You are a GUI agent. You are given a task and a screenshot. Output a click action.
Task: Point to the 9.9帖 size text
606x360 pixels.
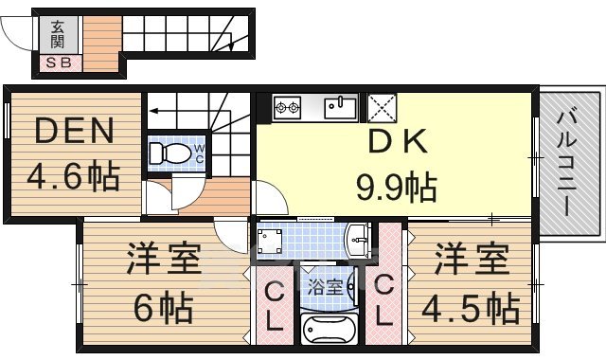click(x=396, y=186)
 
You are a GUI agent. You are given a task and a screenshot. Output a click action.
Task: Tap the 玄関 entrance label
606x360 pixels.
click(x=59, y=34)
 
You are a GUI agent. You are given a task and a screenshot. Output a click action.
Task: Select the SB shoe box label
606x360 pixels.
click(x=59, y=63)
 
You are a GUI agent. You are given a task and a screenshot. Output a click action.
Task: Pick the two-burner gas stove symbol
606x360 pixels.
click(x=287, y=107)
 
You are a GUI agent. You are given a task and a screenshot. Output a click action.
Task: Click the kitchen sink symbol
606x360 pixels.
click(x=340, y=106)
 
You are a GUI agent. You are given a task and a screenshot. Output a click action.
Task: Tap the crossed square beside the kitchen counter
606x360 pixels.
click(x=381, y=106)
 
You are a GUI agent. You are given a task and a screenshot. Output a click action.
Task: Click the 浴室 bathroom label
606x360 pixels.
click(x=328, y=286)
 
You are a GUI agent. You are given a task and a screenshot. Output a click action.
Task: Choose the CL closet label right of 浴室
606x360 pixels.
click(x=383, y=299)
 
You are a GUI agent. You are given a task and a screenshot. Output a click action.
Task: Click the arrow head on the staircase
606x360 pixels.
click(x=151, y=110)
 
